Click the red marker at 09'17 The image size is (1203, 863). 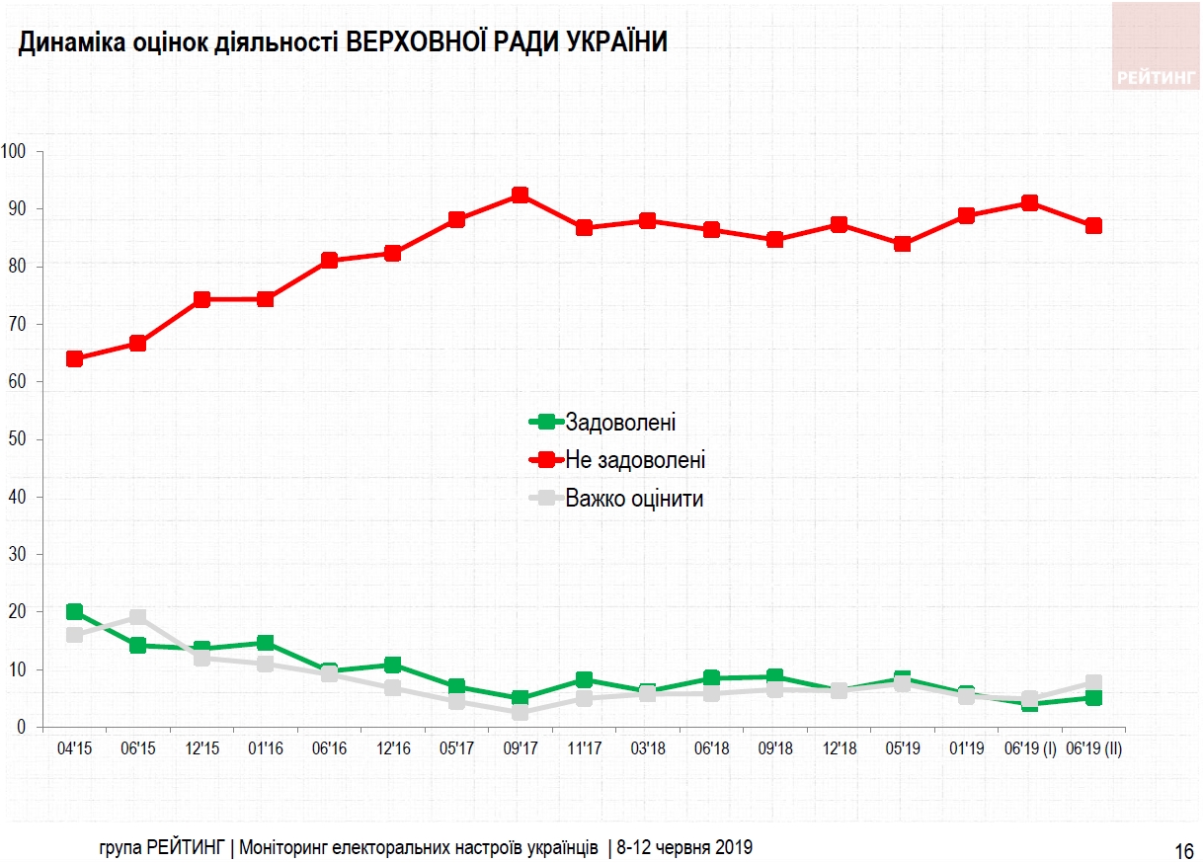(520, 196)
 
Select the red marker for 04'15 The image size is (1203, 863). (74, 358)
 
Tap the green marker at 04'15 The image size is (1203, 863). (74, 612)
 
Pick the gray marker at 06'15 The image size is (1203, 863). (137, 617)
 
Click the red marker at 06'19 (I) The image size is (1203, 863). (1029, 202)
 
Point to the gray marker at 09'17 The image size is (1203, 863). (520, 712)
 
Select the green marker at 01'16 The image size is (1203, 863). (265, 644)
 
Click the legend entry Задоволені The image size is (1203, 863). (620, 423)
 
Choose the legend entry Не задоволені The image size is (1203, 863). (635, 460)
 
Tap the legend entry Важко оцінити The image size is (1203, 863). (634, 498)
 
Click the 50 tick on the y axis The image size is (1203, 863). (17, 438)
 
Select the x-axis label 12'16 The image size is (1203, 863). (393, 749)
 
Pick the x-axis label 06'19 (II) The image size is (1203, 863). (1093, 749)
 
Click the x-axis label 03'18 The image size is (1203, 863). (647, 749)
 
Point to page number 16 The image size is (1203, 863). (1184, 850)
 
